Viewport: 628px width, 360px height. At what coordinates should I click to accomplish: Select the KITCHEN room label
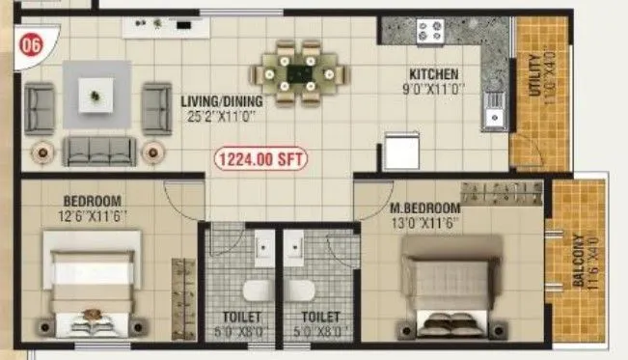pyautogui.click(x=433, y=74)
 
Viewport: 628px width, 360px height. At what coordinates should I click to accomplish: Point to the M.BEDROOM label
pyautogui.click(x=425, y=208)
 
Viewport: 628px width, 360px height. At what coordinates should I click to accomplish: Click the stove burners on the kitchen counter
pyautogui.click(x=429, y=31)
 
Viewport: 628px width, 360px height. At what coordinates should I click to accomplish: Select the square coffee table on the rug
pyautogui.click(x=95, y=96)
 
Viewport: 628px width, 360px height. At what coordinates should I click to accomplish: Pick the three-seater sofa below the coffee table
pyautogui.click(x=98, y=151)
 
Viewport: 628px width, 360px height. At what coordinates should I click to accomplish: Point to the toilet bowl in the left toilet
pyautogui.click(x=255, y=291)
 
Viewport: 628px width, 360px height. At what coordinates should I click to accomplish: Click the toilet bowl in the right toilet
pyautogui.click(x=300, y=291)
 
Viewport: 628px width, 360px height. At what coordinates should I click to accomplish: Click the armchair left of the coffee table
pyautogui.click(x=39, y=108)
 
